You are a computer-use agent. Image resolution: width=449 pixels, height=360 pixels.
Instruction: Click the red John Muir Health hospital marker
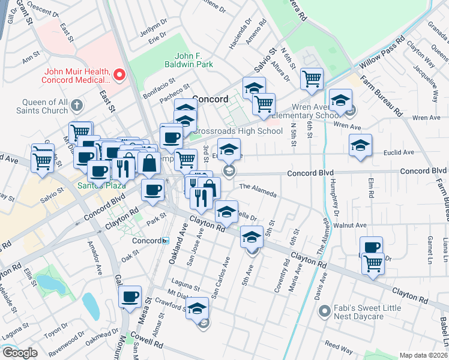pyautogui.click(x=119, y=75)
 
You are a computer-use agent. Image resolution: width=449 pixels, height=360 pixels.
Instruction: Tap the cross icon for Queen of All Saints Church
pyautogui.click(x=76, y=106)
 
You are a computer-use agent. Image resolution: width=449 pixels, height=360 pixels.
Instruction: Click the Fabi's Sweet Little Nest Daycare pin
pyautogui.click(x=324, y=311)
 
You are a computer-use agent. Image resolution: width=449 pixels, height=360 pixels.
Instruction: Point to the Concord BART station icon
pyautogui.click(x=165, y=241)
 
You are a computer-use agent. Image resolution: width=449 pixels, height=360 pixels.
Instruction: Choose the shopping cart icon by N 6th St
pyautogui.click(x=312, y=78)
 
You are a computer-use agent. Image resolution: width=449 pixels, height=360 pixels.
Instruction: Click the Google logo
pyautogui.click(x=19, y=353)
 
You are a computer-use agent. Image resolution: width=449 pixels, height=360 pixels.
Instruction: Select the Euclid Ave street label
pyautogui.click(x=399, y=152)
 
